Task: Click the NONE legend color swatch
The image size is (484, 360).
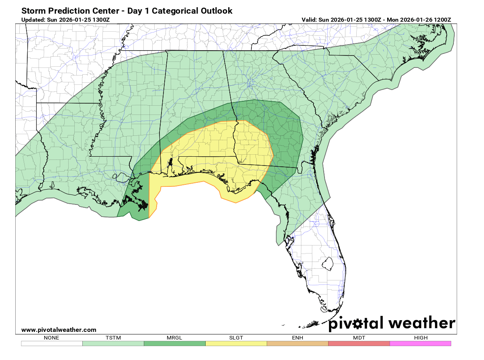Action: tap(52, 344)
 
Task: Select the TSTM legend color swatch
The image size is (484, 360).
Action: tap(113, 344)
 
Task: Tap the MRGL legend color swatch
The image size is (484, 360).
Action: tap(174, 344)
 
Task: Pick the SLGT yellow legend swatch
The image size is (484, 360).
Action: tap(236, 344)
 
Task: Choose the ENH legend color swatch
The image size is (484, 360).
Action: tap(297, 344)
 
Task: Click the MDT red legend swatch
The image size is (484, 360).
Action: tap(359, 344)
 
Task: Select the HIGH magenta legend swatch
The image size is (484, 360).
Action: tap(420, 344)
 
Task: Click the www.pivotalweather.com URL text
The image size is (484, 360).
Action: tap(59, 330)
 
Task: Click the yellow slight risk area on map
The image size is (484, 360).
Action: tap(217, 153)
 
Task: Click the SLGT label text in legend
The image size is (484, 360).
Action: tap(236, 337)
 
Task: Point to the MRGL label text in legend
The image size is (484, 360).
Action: tap(174, 337)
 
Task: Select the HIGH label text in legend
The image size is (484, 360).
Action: tap(421, 337)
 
